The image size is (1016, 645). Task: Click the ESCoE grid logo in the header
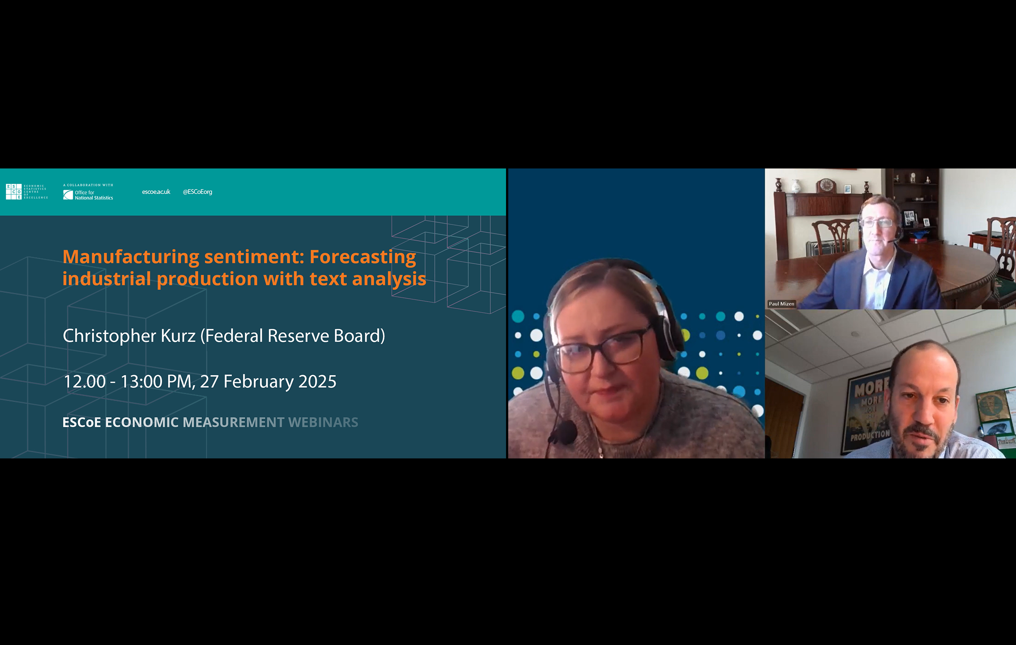point(14,192)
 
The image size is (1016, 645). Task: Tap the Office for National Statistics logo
point(88,195)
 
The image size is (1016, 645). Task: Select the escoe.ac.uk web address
point(156,192)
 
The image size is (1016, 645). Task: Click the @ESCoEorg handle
point(197,192)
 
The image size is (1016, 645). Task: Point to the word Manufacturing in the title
point(130,257)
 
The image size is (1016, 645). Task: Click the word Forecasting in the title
point(363,257)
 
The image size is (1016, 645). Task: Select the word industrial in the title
point(106,279)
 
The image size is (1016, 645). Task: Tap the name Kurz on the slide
point(178,336)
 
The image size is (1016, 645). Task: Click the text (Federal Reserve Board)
point(293,336)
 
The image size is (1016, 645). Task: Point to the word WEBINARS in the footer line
point(323,422)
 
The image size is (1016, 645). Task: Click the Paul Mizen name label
point(781,304)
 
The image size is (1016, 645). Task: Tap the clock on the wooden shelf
point(826,185)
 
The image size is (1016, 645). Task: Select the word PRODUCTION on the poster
point(870,436)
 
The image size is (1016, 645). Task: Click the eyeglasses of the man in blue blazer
point(877,223)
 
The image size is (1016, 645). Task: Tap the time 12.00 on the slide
point(84,382)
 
